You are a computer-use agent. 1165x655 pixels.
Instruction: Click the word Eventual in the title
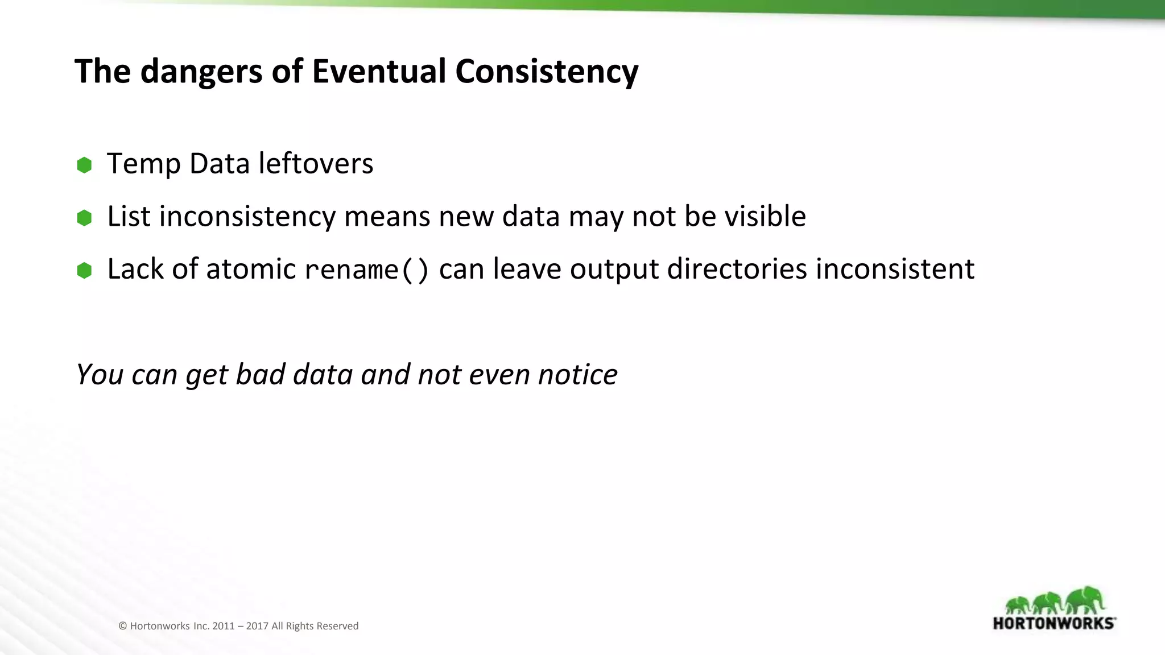[x=379, y=72]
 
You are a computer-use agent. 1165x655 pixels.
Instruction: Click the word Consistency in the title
[x=547, y=73]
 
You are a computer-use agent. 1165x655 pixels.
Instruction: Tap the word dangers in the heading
[x=202, y=73]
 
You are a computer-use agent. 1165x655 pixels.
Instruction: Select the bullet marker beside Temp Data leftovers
[x=84, y=165]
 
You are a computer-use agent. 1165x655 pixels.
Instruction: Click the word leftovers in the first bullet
[x=316, y=164]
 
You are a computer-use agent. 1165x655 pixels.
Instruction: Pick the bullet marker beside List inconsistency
[x=84, y=218]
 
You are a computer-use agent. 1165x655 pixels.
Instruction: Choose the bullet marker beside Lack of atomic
[x=84, y=271]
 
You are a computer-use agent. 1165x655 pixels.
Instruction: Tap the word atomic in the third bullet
[x=251, y=270]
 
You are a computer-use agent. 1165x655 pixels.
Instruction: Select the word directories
[x=737, y=270]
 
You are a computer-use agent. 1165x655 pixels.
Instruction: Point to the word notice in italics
[x=577, y=375]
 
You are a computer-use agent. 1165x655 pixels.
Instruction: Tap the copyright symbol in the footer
[x=122, y=626]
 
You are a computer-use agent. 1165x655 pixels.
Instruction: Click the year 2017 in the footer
[x=257, y=626]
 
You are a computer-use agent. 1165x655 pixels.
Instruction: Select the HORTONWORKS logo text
[x=1054, y=623]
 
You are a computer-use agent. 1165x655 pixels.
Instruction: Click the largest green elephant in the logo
[x=1085, y=600]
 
